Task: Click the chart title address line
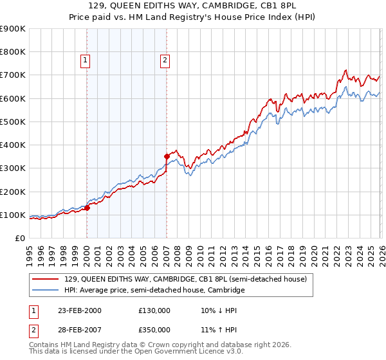[193, 6]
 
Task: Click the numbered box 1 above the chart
[86, 61]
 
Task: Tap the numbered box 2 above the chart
[165, 61]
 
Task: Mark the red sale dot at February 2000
[87, 208]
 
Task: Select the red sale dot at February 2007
[167, 156]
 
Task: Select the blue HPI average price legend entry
[154, 291]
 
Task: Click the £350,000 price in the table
[154, 329]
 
